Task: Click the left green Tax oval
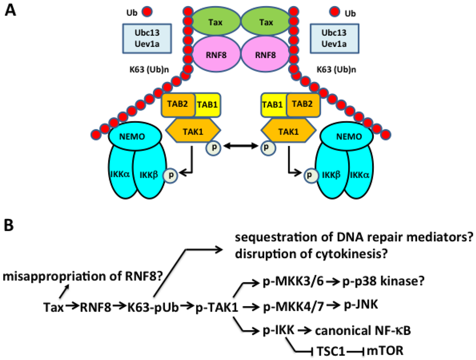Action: pos(215,21)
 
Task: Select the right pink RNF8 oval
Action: pos(265,55)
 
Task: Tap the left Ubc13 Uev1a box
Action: pos(147,38)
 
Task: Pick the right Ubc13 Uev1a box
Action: pos(334,38)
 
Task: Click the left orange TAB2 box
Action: pos(178,105)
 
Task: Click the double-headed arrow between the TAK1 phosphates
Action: pos(240,147)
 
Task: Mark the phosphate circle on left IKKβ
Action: pos(170,176)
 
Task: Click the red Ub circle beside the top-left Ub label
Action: pos(147,12)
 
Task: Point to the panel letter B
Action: pos(8,225)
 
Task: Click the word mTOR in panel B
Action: pos(385,351)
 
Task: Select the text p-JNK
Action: pos(361,304)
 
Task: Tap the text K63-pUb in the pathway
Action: pos(153,307)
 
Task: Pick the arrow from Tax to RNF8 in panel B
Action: pos(72,306)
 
